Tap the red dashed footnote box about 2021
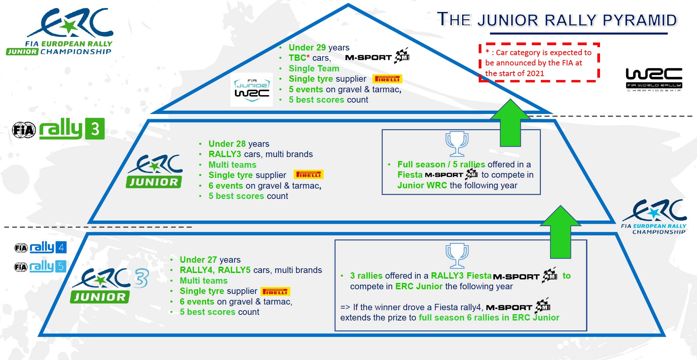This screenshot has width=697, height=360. tap(539, 62)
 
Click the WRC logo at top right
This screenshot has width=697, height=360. tap(654, 79)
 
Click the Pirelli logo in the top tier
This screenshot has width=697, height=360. tap(387, 79)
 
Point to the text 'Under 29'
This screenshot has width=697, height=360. tap(307, 47)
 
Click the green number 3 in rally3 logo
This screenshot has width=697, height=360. tap(95, 129)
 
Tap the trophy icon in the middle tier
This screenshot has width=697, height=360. tap(457, 144)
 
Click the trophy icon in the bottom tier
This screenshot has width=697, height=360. tap(457, 256)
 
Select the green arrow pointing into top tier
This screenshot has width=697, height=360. tap(510, 123)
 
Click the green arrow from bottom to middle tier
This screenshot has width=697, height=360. tap(560, 232)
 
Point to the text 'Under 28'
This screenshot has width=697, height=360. tap(227, 144)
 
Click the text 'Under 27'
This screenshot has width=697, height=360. tap(198, 260)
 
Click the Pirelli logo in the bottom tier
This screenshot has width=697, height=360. tap(275, 292)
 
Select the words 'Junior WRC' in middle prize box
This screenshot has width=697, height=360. tap(422, 185)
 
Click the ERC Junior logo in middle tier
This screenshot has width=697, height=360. tap(154, 171)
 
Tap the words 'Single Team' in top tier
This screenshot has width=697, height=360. tap(314, 68)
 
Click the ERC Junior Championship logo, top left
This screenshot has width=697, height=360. tap(60, 32)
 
